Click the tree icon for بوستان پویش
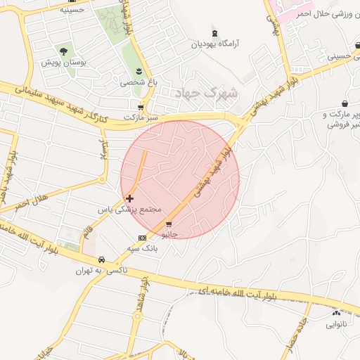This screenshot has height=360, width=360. click(x=64, y=51)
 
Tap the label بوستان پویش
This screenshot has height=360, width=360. click(x=63, y=63)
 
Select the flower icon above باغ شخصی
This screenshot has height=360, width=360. click(x=139, y=72)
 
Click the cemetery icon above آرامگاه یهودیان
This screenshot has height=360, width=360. click(x=214, y=33)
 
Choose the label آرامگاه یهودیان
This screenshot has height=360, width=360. click(x=216, y=44)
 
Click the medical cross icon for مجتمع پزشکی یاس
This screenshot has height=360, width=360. click(x=129, y=199)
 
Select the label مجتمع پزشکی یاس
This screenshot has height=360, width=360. click(x=130, y=210)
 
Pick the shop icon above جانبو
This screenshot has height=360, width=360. click(x=168, y=224)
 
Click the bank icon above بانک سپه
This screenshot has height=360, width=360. click(x=143, y=238)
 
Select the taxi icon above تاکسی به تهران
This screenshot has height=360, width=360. click(x=102, y=259)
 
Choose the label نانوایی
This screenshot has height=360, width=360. click(x=336, y=324)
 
